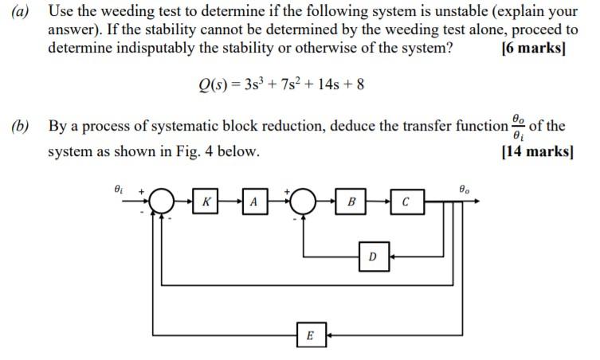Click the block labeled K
pos(206,202)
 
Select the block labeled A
pos(253,202)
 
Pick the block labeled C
pos(406,202)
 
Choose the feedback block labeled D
pos(372,256)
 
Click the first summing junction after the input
pos(163,202)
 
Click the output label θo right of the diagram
pos(465,190)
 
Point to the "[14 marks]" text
pos(536,151)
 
